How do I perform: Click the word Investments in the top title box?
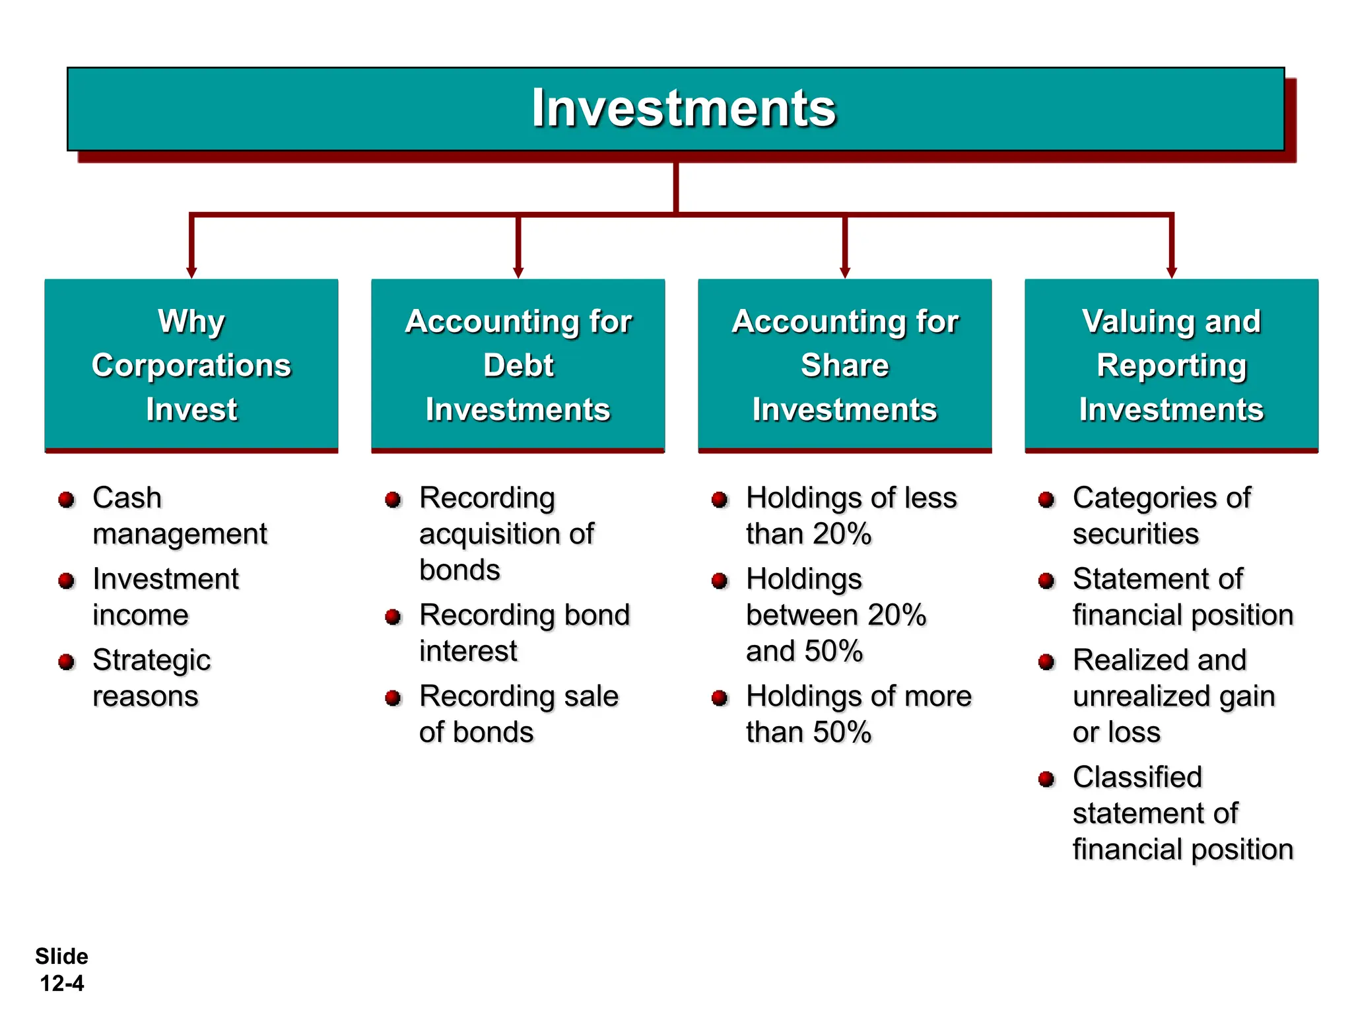tap(684, 108)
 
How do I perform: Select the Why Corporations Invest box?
tap(191, 365)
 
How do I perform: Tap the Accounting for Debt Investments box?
tap(518, 365)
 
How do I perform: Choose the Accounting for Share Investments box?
tap(845, 365)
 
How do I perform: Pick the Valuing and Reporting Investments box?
tap(1171, 365)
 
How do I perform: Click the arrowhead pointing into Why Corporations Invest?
tap(191, 272)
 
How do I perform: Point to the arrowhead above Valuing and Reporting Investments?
tap(1172, 272)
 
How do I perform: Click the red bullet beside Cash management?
tap(66, 500)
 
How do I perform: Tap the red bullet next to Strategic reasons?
tap(66, 662)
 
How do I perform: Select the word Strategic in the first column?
tap(151, 661)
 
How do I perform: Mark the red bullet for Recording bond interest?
tap(393, 617)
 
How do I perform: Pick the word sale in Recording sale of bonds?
tap(591, 696)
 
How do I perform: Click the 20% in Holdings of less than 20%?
tap(842, 534)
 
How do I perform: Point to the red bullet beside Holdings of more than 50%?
tap(720, 698)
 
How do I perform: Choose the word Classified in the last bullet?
tap(1137, 778)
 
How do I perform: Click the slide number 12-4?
tap(62, 984)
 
